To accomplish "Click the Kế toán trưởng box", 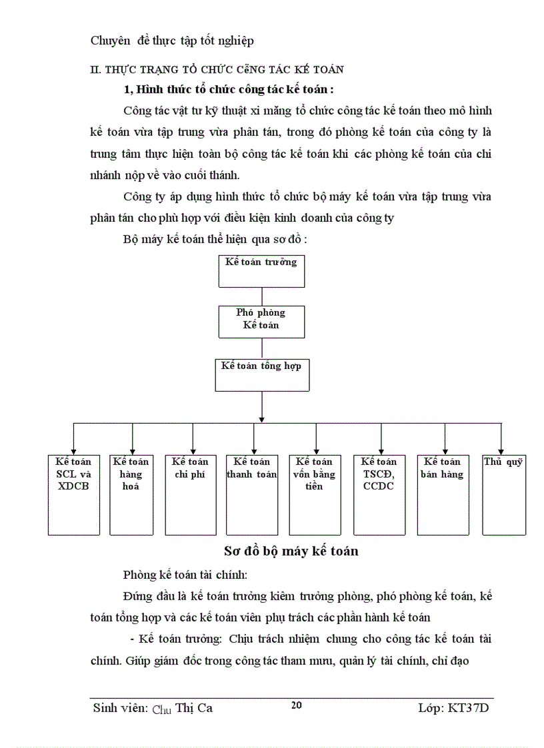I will [x=261, y=269].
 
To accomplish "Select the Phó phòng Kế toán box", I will [x=261, y=321].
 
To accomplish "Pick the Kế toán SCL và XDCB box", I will [x=73, y=494].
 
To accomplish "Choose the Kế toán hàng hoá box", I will [x=131, y=494].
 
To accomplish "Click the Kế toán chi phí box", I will [x=190, y=494].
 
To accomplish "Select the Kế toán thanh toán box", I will [x=252, y=494].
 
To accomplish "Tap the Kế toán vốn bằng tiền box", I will [x=314, y=494].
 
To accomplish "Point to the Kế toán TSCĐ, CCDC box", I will [x=379, y=494].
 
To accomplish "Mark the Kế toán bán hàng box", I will [x=443, y=494].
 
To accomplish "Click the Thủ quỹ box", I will [x=503, y=494].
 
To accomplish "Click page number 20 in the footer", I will [x=297, y=705].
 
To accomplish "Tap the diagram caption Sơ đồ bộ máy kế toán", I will [x=291, y=551].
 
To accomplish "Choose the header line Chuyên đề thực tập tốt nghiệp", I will [x=172, y=41].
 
